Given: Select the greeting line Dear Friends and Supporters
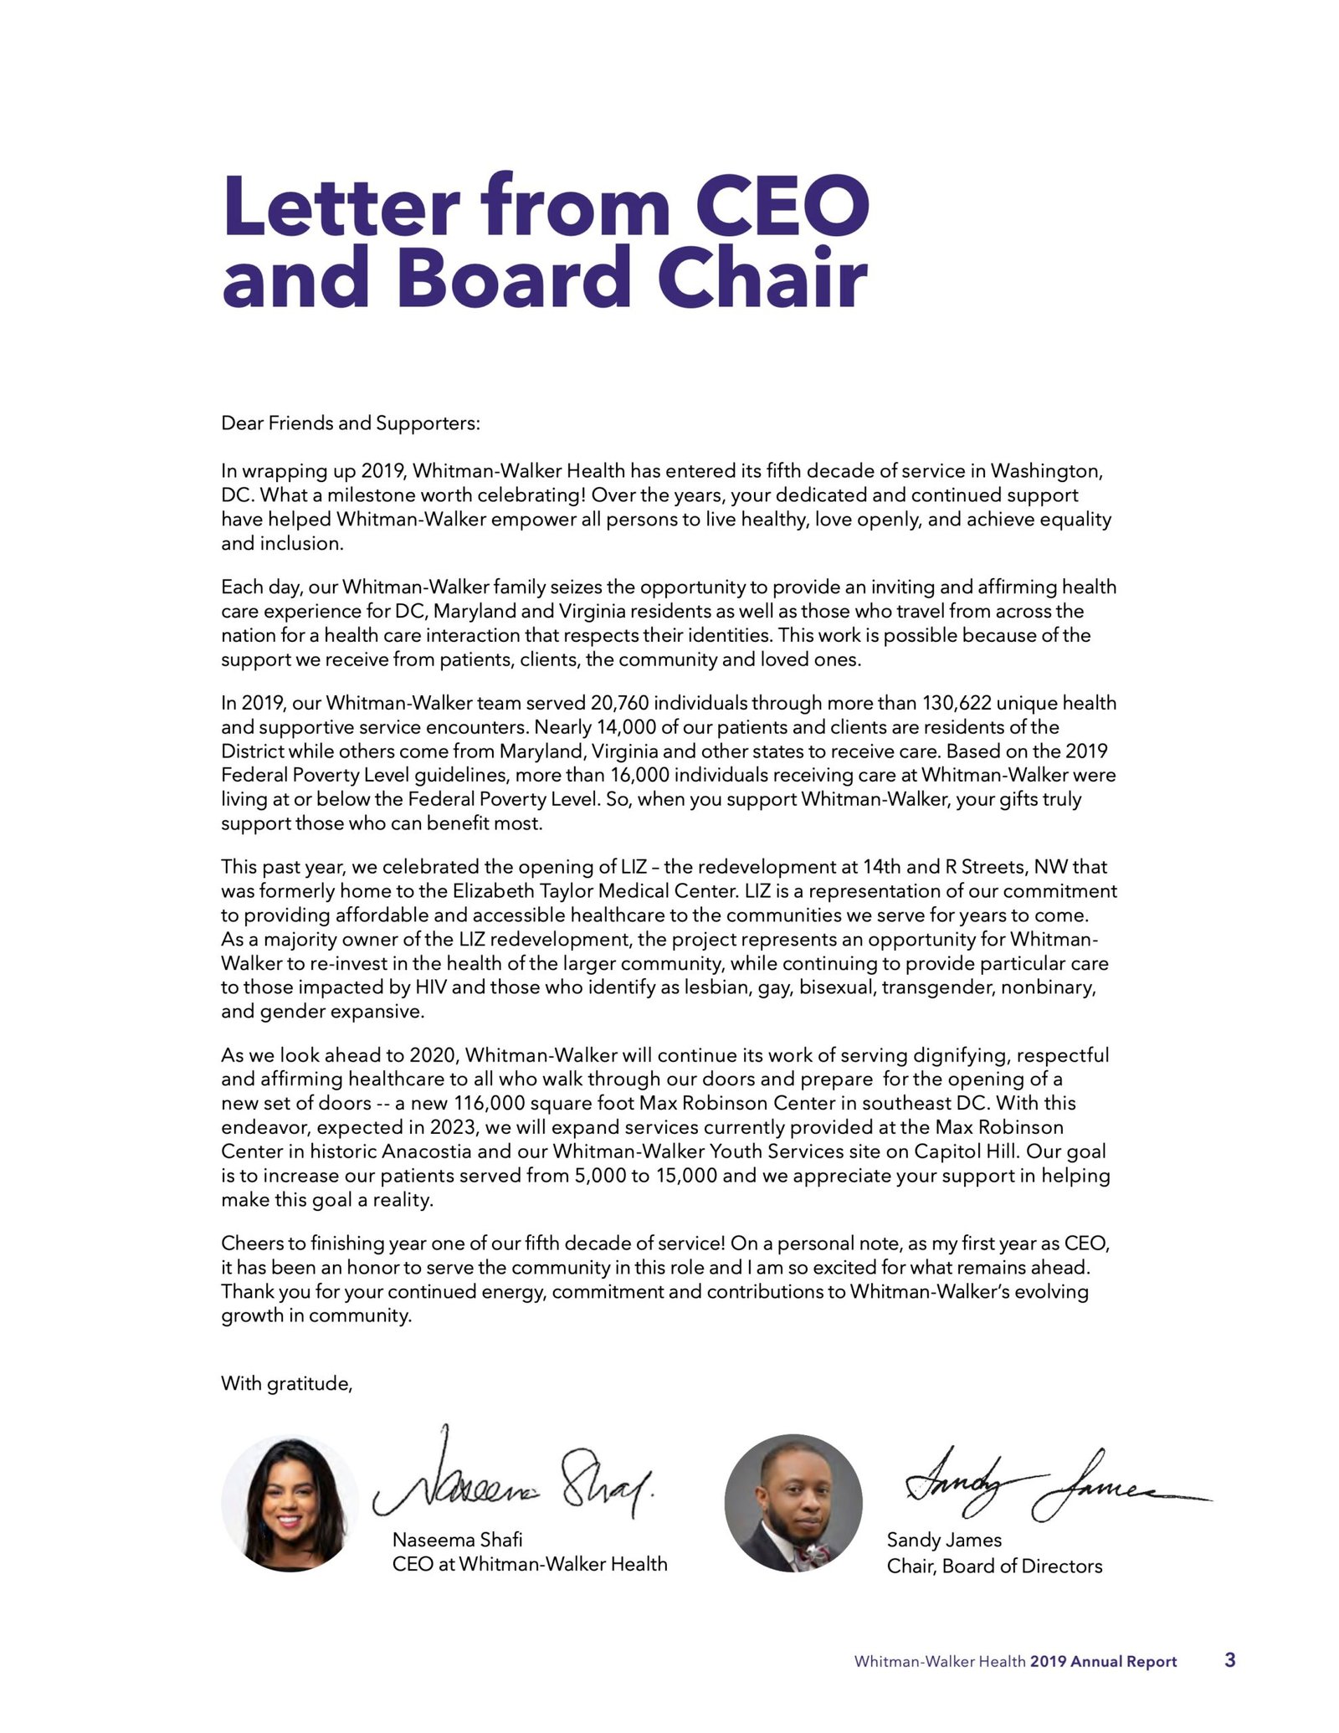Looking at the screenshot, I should click(351, 423).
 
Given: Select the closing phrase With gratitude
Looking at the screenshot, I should click(287, 1383).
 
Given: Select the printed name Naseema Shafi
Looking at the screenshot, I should click(457, 1540).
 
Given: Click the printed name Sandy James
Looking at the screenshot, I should click(944, 1540).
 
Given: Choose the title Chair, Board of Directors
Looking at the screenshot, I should click(994, 1566).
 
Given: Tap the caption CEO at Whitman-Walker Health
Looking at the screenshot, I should click(530, 1564).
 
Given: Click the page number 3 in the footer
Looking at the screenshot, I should click(1229, 1660).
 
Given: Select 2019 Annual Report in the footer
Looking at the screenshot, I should click(1103, 1662).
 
